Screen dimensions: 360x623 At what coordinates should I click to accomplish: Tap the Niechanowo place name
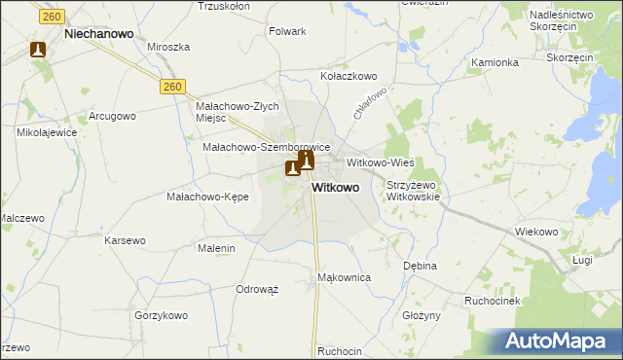click(x=97, y=32)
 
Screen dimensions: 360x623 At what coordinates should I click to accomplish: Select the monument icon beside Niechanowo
click(x=38, y=49)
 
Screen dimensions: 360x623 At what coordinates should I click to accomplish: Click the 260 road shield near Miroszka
click(x=172, y=87)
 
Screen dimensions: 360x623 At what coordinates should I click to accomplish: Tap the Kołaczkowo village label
click(x=348, y=75)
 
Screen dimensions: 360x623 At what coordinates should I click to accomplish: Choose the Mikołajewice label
click(x=46, y=131)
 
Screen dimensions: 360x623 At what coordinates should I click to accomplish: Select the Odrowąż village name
click(x=257, y=289)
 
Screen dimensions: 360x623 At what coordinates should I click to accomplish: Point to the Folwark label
click(x=286, y=31)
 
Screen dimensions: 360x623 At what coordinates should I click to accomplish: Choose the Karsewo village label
click(x=125, y=239)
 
